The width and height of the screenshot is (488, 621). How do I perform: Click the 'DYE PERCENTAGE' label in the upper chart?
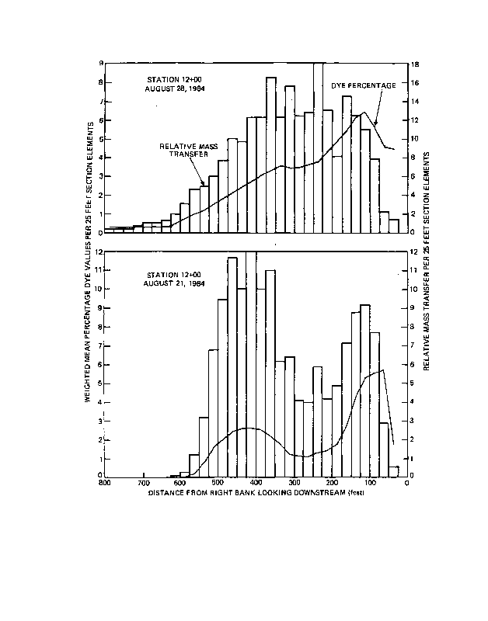[x=364, y=85]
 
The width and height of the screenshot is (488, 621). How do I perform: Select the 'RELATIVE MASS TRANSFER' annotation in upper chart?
[x=184, y=150]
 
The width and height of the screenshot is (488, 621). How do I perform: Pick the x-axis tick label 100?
[x=370, y=482]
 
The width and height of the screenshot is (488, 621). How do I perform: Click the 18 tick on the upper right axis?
[x=416, y=64]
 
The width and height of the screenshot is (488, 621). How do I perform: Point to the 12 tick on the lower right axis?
[x=416, y=252]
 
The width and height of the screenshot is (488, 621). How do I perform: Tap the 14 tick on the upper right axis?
[x=416, y=102]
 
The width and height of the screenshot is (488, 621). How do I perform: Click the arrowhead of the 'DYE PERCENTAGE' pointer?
[x=375, y=124]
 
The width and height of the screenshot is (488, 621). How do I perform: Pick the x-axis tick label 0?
[x=406, y=482]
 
